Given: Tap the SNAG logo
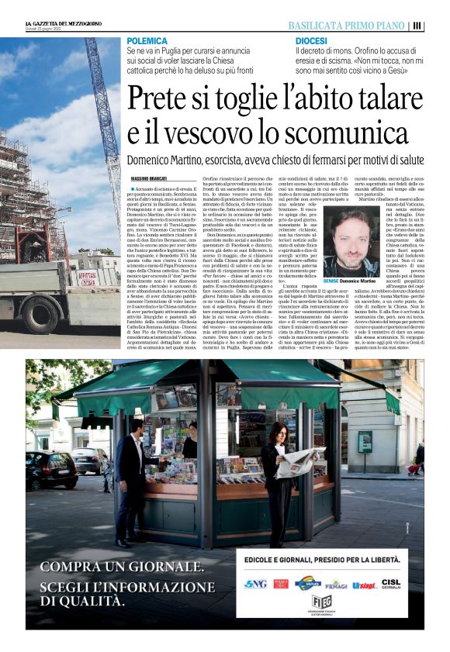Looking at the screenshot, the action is point(254,583).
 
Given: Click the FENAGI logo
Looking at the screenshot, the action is point(336,584).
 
